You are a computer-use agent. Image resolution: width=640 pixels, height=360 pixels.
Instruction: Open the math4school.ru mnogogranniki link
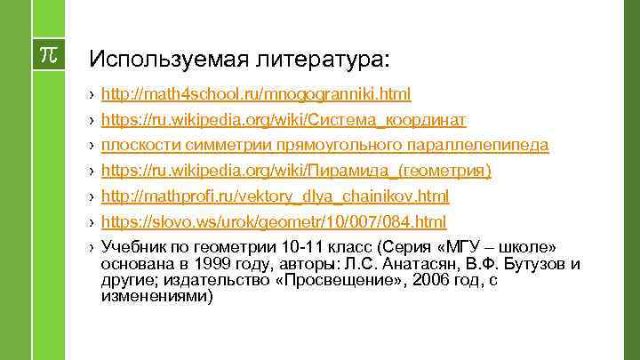coord(256,93)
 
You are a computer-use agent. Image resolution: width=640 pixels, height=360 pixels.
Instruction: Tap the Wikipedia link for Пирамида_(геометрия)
coord(296,170)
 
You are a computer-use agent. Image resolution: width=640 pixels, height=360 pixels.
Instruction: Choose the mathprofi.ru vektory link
coord(276,196)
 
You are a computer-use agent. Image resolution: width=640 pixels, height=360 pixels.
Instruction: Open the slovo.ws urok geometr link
coord(274,220)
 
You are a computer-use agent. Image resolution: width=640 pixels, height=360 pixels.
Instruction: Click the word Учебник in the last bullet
coord(134,246)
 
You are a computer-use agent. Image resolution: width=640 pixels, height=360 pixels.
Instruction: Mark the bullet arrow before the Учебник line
coord(92,246)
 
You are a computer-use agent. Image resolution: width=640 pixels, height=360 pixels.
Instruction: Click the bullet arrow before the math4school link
coord(92,93)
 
